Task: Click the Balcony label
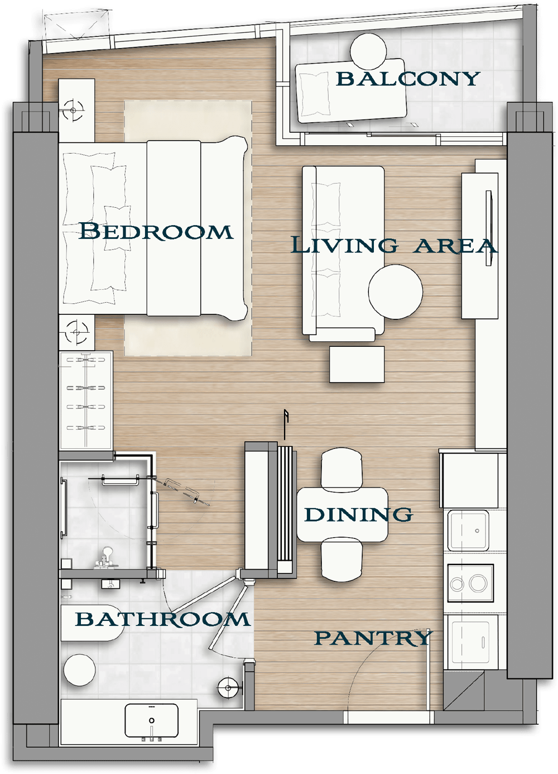[408, 78]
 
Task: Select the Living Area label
[394, 245]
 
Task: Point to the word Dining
[358, 515]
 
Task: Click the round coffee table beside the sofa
[396, 292]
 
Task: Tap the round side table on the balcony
[368, 51]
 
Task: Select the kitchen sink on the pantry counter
[468, 531]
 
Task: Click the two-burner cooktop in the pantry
[470, 583]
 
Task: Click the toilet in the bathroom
[79, 670]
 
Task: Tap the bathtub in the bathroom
[92, 623]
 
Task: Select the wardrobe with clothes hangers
[85, 401]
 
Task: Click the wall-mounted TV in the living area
[489, 228]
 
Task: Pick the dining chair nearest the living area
[342, 468]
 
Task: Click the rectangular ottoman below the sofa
[357, 364]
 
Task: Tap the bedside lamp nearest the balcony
[73, 110]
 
